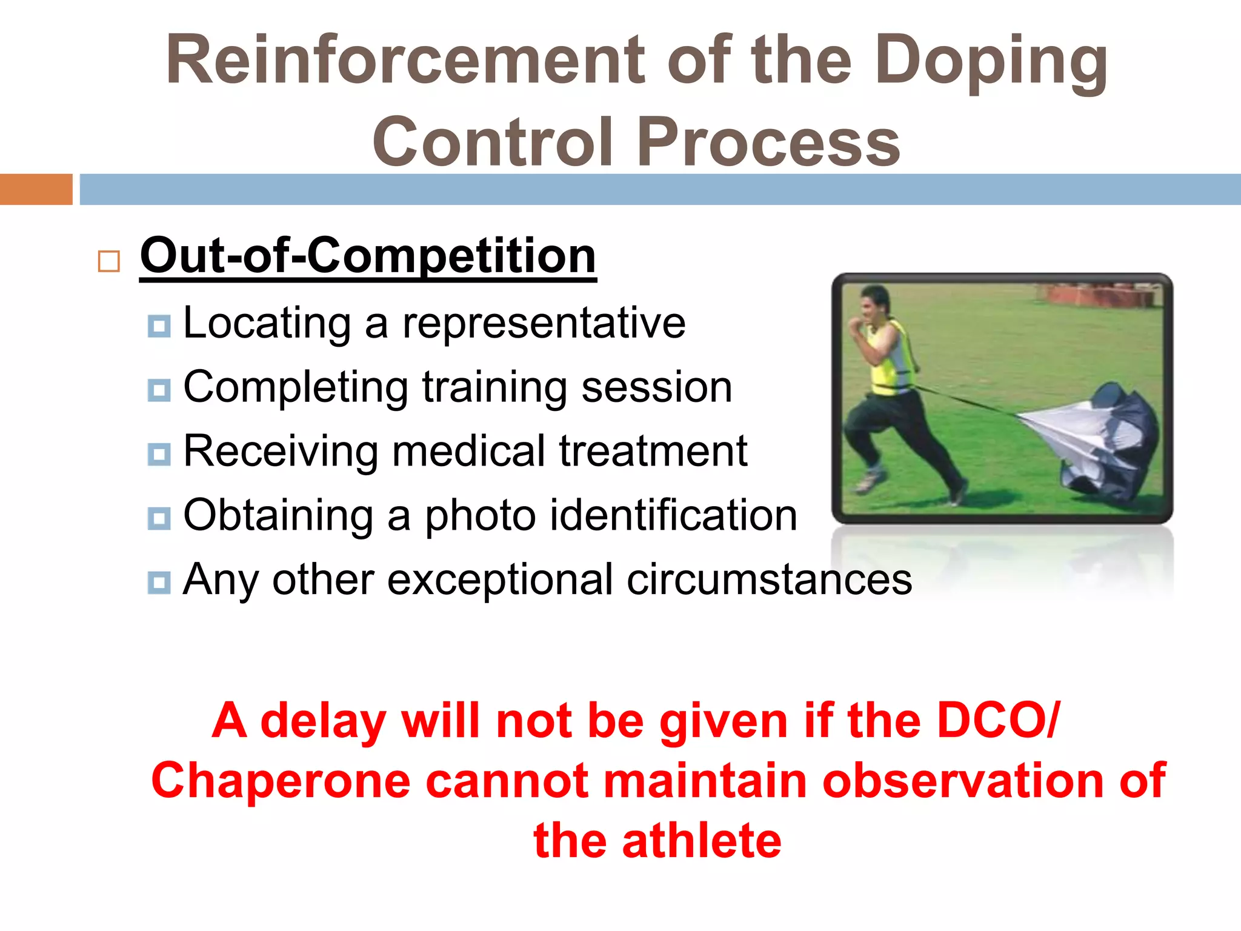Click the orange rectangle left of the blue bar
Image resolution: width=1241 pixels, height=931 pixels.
(36, 189)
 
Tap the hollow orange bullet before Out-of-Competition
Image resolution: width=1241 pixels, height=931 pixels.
(108, 261)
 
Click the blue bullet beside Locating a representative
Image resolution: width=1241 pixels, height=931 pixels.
(159, 326)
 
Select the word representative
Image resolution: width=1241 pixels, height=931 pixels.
(544, 322)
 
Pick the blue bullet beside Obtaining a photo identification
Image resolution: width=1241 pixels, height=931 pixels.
(159, 518)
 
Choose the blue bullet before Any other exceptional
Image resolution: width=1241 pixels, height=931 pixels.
(159, 582)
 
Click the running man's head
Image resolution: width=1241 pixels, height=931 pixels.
(873, 304)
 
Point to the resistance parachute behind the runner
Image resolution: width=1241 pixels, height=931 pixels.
(1097, 436)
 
